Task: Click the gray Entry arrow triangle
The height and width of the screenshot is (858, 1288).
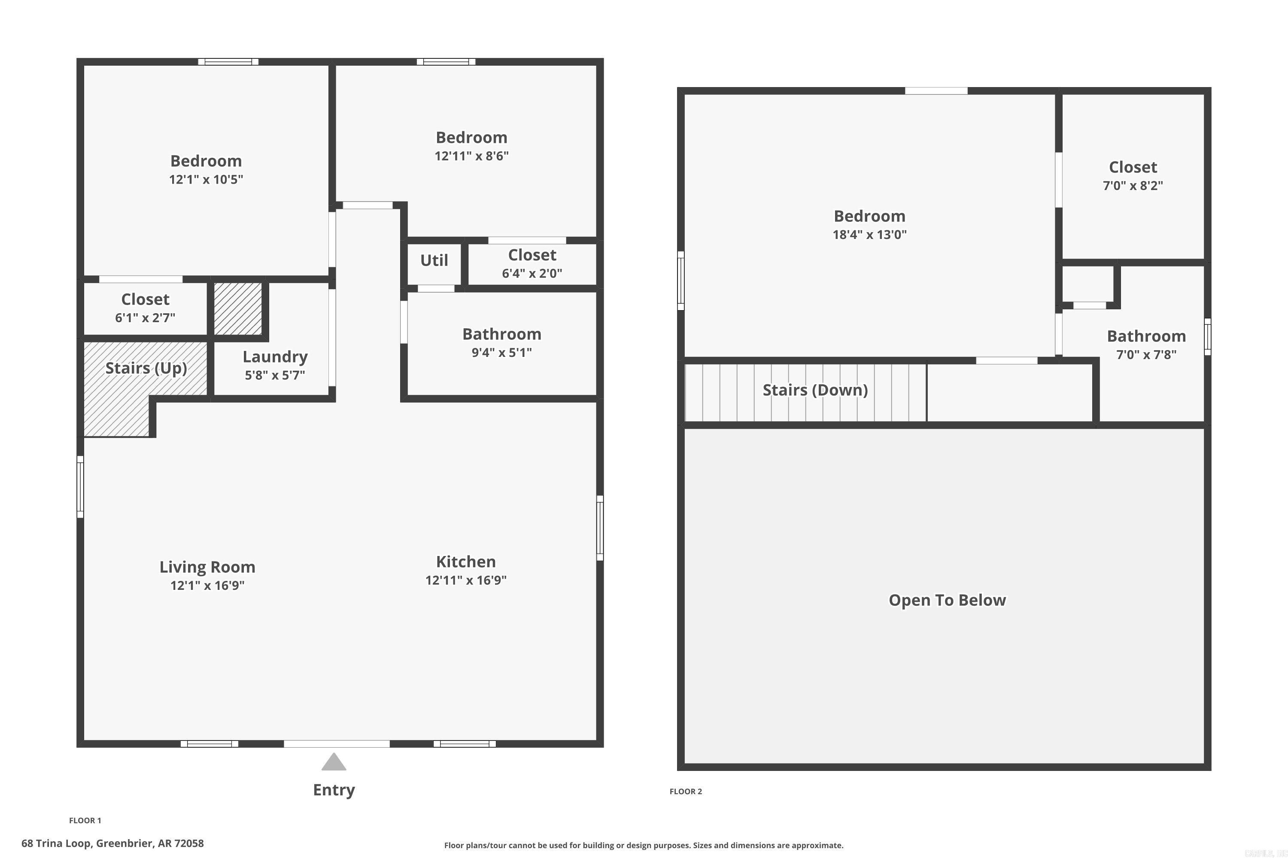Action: pos(334,762)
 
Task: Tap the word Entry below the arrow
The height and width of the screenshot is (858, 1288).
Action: pos(334,790)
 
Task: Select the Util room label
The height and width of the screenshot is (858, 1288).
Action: pos(434,260)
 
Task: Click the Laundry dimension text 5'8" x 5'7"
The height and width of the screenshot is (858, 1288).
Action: pos(274,375)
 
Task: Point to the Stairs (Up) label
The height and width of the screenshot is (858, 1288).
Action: pos(146,368)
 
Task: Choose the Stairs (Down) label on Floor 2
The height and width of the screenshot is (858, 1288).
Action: pos(815,390)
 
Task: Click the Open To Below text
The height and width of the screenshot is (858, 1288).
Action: pos(947,600)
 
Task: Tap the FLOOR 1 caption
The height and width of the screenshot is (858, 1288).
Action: pos(85,820)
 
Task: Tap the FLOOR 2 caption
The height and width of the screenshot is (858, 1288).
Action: pos(685,791)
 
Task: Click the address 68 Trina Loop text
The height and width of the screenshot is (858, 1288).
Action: pos(112,843)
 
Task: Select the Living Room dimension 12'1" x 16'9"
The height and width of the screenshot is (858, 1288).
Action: pos(207,586)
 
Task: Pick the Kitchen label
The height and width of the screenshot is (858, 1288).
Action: pos(465,562)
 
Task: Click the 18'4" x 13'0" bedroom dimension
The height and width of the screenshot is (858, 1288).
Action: pos(869,235)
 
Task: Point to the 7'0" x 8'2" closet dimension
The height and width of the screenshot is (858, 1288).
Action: pos(1133,185)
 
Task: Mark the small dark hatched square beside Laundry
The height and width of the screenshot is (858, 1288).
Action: pos(238,308)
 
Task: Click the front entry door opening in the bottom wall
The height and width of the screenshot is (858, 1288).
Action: pos(336,743)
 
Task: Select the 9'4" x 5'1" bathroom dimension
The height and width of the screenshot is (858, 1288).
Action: pos(501,352)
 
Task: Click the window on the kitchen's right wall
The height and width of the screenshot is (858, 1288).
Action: pos(600,528)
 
